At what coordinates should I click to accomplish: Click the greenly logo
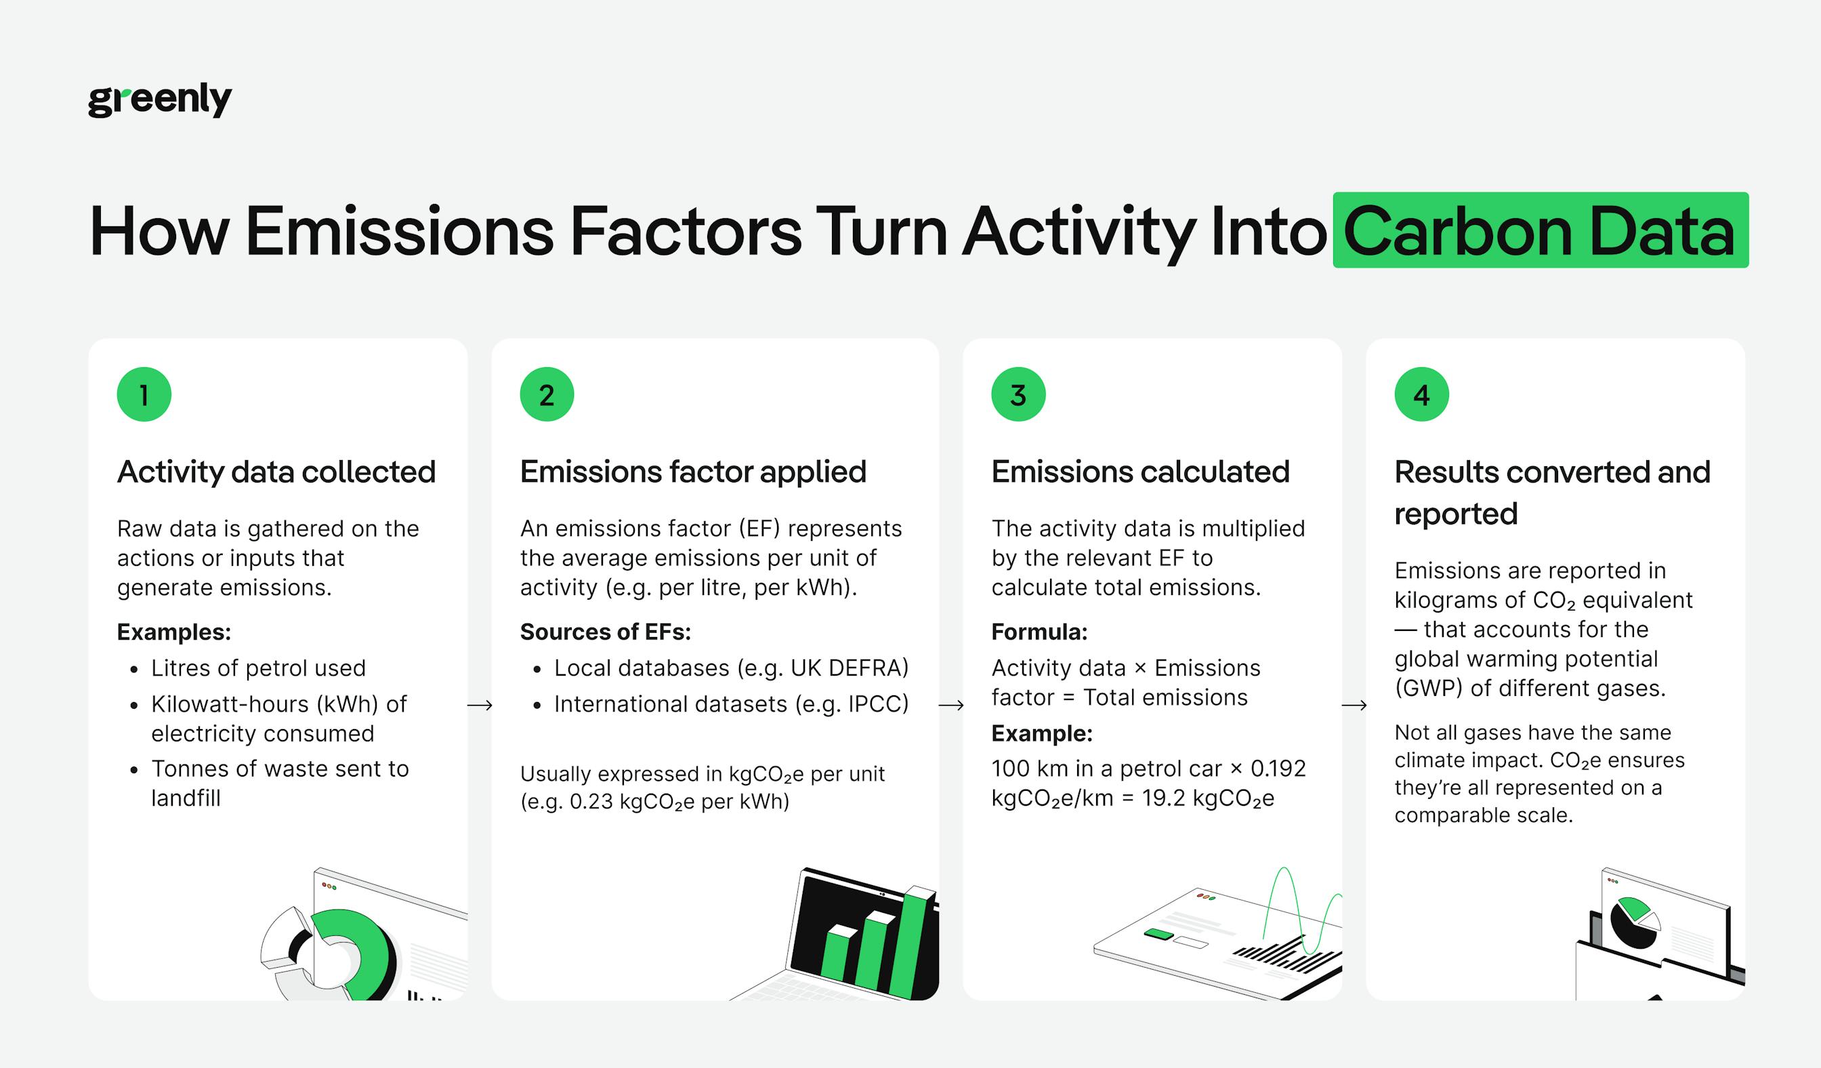tap(160, 100)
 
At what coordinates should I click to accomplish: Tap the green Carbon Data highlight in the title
tap(1540, 230)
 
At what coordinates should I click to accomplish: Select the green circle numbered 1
tap(144, 394)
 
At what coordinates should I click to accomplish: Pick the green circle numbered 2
tap(547, 394)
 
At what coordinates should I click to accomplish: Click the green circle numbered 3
tap(1018, 394)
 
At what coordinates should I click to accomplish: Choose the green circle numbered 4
tap(1421, 394)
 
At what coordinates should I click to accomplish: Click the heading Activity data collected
tap(276, 472)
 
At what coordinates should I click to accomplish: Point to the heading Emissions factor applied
tap(692, 472)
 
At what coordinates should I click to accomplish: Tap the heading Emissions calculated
tap(1139, 472)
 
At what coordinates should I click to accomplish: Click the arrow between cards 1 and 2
tap(480, 705)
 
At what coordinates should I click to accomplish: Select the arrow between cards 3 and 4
tap(1354, 705)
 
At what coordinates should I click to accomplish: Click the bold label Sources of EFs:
tap(605, 632)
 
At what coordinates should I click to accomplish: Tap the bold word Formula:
tap(1039, 632)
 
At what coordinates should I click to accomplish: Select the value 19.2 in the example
tap(1163, 798)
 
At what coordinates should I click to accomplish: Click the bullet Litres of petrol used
tap(258, 668)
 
